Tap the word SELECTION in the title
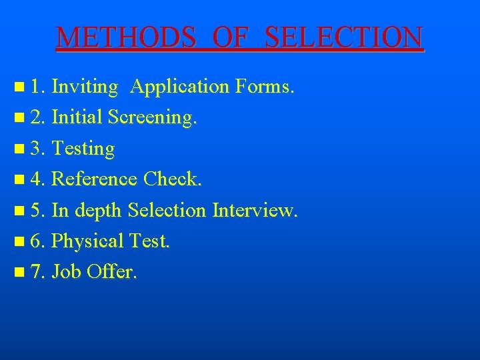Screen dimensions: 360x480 [x=343, y=38]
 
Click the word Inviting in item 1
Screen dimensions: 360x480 [x=85, y=86]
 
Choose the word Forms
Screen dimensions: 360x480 [x=264, y=86]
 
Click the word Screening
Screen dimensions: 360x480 [x=153, y=118]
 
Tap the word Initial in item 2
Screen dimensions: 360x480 [x=77, y=117]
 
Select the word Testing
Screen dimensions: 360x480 [x=83, y=149]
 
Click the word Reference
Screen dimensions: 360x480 [x=94, y=179]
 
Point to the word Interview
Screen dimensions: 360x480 [x=255, y=210]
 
